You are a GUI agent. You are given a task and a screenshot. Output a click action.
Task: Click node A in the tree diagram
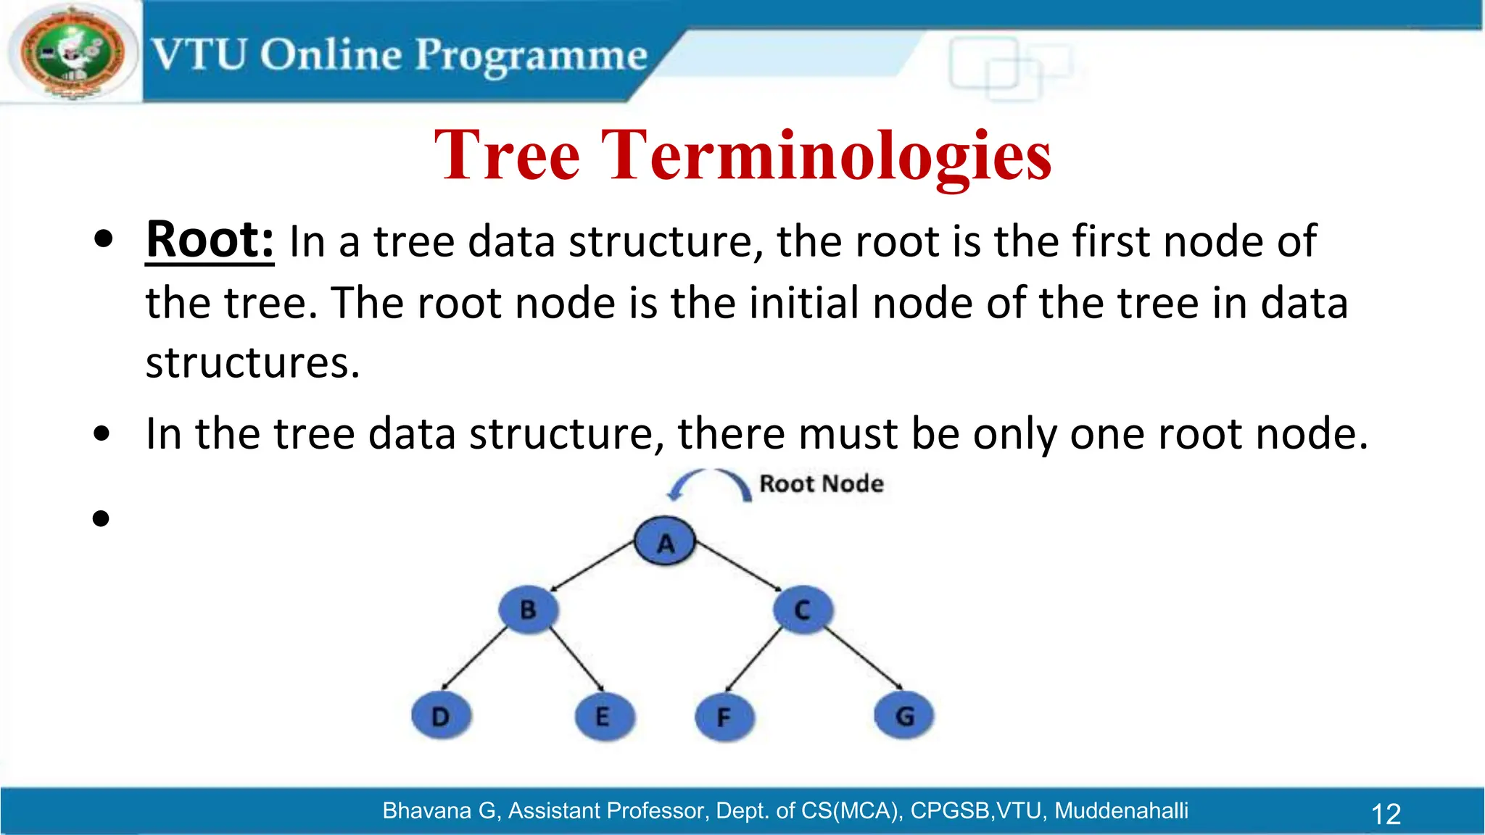[665, 541]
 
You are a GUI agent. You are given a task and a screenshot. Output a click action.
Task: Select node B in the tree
[529, 609]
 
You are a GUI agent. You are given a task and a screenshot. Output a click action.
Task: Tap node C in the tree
[803, 609]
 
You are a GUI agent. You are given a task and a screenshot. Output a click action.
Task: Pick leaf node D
[441, 715]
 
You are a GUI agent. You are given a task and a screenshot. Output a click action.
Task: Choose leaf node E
[603, 716]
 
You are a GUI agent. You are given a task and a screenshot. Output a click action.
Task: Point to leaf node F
[724, 717]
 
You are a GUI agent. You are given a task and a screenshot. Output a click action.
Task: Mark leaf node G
[904, 715]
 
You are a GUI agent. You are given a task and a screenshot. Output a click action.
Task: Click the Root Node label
[821, 483]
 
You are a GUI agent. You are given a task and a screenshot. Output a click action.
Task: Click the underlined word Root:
[210, 239]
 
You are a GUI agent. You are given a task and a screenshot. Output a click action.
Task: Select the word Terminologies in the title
[826, 155]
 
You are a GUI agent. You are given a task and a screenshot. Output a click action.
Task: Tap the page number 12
[1386, 813]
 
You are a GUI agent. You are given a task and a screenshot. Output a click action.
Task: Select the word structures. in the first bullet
[252, 362]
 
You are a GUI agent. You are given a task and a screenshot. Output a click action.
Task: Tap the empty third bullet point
[102, 518]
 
